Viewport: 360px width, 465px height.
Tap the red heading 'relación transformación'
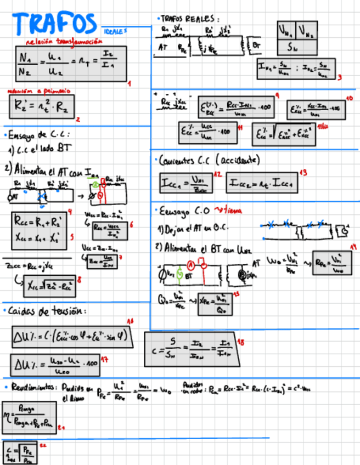[x=64, y=41]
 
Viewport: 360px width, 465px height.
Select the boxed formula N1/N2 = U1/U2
[x=71, y=64]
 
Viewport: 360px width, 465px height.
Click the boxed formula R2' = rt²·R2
[x=41, y=106]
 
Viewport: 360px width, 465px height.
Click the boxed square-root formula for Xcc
[x=49, y=284]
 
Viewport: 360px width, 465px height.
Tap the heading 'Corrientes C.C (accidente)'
[x=209, y=160]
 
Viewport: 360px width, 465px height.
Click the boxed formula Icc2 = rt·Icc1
[x=262, y=182]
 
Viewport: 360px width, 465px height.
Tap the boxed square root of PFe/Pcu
[x=20, y=453]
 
